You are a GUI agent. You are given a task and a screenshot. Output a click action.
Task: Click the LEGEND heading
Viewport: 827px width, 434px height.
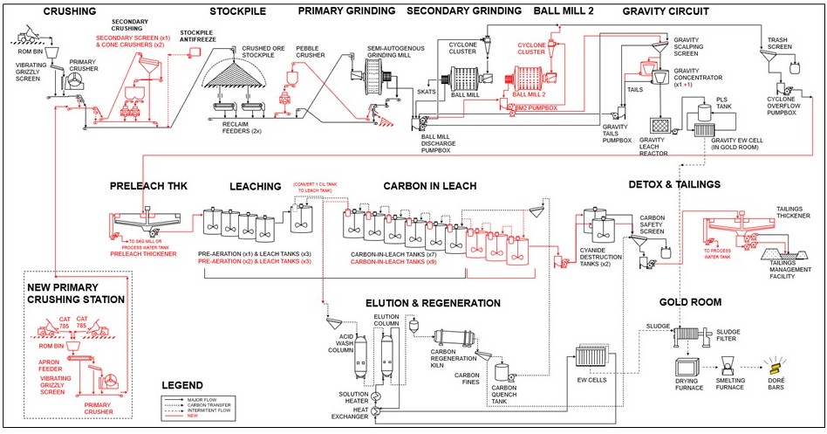pos(182,385)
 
